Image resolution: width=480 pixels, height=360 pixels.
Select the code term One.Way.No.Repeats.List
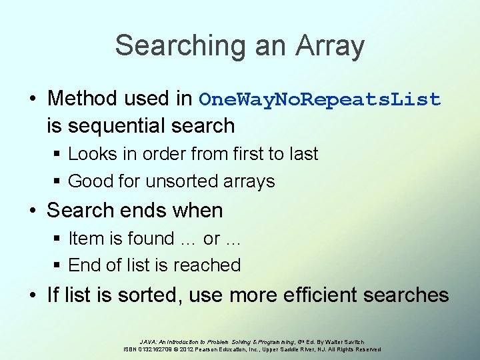(320, 99)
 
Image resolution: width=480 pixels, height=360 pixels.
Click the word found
(155, 238)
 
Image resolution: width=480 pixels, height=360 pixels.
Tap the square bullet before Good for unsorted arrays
(57, 181)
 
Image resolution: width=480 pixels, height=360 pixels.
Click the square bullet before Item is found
(57, 239)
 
